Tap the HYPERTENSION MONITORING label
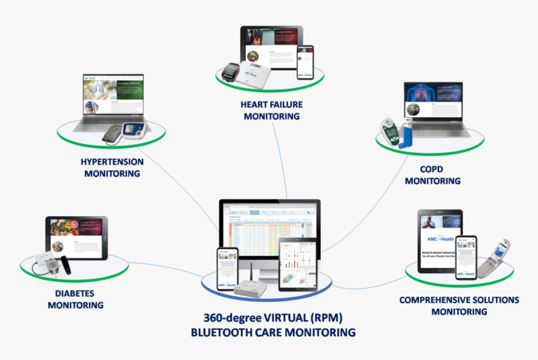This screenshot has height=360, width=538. click(x=112, y=167)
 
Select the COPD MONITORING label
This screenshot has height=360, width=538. click(x=432, y=175)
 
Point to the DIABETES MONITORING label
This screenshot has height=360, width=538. click(x=75, y=299)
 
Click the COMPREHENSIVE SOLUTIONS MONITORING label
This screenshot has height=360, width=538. click(x=459, y=306)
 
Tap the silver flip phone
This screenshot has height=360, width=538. click(x=494, y=257)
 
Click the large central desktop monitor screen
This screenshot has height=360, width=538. click(x=270, y=225)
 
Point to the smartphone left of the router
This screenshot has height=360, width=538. click(x=226, y=268)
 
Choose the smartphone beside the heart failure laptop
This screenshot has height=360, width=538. click(x=305, y=63)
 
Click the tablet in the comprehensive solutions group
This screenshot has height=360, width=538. click(x=440, y=240)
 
